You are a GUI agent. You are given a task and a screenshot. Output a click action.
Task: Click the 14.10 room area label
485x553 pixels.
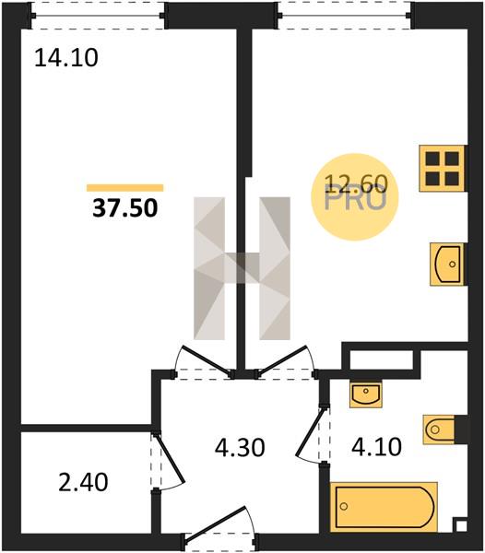[x=66, y=58]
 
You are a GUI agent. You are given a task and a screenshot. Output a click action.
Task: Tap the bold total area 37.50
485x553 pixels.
[x=124, y=208]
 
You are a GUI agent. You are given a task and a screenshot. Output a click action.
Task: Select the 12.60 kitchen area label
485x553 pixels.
[x=356, y=183]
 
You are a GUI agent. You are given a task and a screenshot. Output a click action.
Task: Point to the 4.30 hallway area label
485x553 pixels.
[x=240, y=448]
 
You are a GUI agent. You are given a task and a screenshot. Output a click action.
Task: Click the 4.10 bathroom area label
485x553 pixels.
[x=376, y=447]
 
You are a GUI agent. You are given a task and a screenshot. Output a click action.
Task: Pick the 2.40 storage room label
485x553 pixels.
[x=83, y=482]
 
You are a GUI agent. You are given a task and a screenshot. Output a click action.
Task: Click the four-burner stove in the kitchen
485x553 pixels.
[x=443, y=169]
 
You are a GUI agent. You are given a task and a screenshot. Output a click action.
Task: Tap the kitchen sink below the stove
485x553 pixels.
[x=447, y=265]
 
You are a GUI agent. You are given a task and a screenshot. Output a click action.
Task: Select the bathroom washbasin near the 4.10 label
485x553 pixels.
[x=366, y=394]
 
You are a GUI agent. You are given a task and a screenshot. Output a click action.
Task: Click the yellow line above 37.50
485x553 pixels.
[x=124, y=188]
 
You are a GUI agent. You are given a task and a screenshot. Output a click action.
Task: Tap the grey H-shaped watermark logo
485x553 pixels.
[x=242, y=268]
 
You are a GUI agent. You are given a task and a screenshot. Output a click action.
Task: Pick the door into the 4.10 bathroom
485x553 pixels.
[x=310, y=432]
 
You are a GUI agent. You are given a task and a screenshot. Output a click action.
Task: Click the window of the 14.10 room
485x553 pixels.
[x=98, y=16]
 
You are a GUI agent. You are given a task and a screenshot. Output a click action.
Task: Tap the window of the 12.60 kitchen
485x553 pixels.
[x=344, y=16]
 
